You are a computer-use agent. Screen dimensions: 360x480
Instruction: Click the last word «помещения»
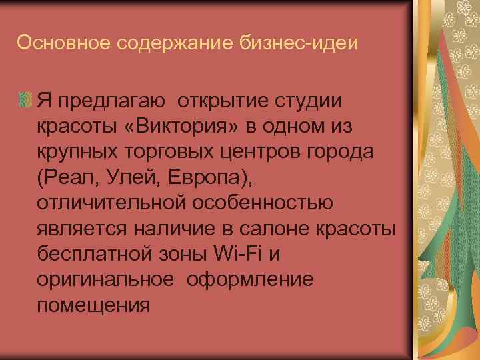[x=93, y=304]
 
